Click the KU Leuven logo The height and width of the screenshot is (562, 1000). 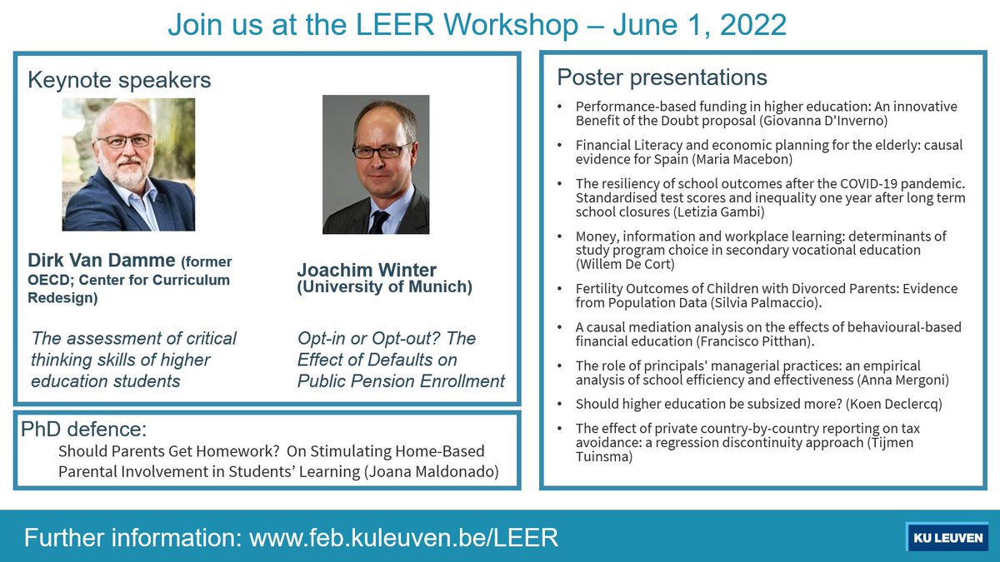[947, 537]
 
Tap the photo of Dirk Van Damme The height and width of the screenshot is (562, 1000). [128, 164]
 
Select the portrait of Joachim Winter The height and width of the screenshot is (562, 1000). [376, 164]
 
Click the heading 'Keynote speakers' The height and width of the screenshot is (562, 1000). [119, 80]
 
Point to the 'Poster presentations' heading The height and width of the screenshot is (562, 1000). [662, 77]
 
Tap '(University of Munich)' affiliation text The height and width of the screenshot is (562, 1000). [384, 287]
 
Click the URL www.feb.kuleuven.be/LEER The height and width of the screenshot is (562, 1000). [403, 538]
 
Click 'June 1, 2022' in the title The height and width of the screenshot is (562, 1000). [699, 24]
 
